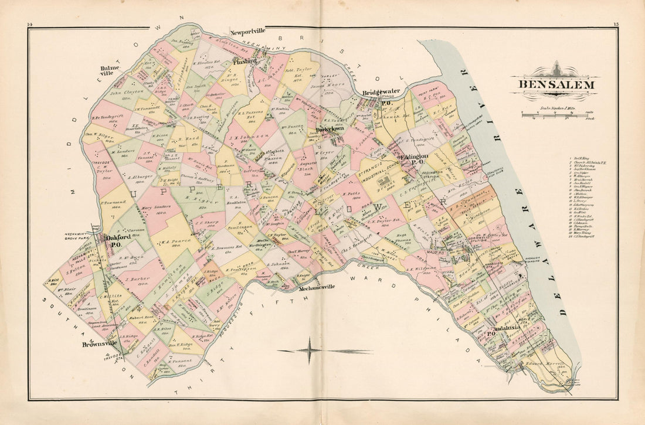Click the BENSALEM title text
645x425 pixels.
coord(555,84)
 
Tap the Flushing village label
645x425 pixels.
coord(245,61)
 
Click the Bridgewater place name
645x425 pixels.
coord(380,93)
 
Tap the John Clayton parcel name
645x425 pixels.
coord(121,93)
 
